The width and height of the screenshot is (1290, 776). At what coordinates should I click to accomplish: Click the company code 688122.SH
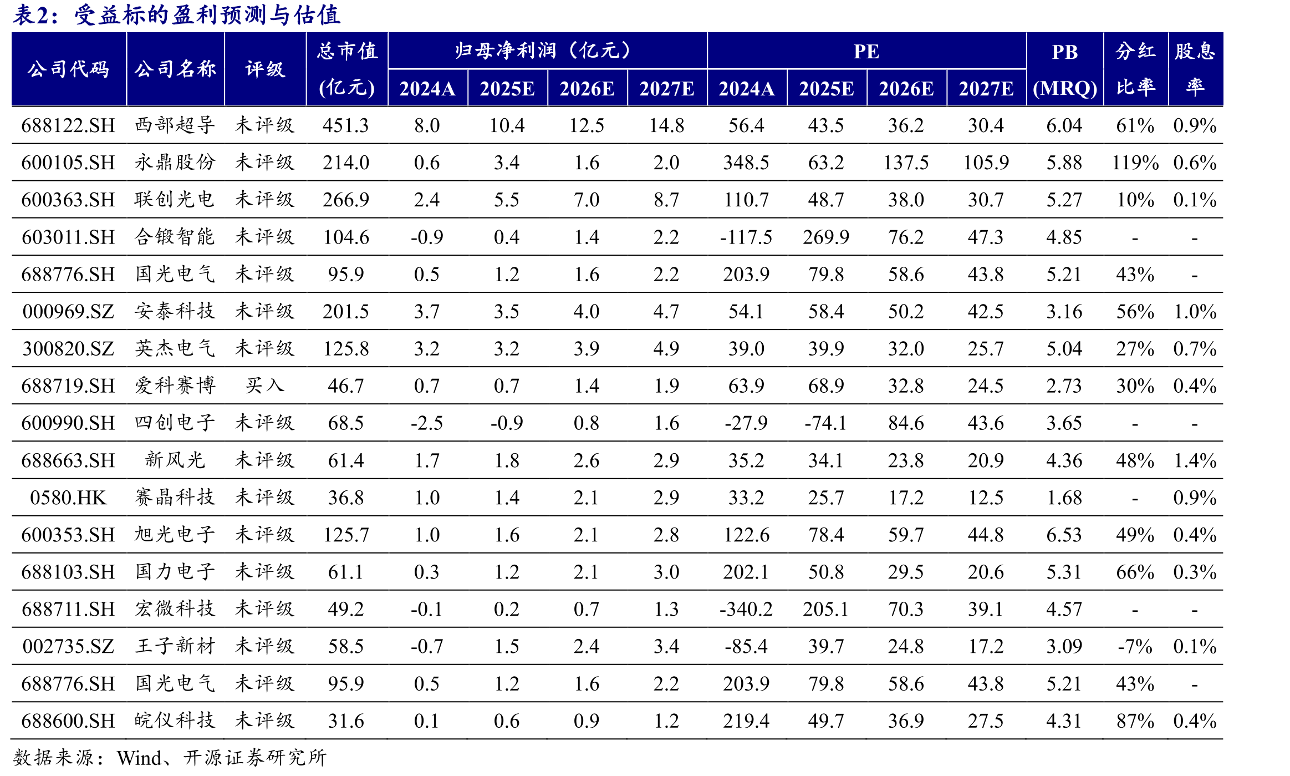click(68, 125)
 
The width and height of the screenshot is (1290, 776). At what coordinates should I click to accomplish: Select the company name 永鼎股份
click(175, 162)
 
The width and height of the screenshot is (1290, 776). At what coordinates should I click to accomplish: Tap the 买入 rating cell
click(265, 386)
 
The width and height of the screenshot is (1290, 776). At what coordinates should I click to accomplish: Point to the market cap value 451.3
click(346, 125)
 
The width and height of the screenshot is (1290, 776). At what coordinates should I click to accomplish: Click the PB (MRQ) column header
click(1065, 69)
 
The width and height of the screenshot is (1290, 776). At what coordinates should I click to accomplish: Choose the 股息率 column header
click(1195, 69)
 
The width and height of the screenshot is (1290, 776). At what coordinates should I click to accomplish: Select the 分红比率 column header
click(1136, 69)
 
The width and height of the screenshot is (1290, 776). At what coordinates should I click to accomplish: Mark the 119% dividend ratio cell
click(1135, 163)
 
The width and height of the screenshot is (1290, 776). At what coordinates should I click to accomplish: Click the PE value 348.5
click(746, 163)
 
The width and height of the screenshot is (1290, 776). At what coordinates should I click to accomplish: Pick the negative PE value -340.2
click(746, 609)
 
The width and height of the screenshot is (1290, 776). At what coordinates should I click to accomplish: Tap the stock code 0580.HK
click(68, 498)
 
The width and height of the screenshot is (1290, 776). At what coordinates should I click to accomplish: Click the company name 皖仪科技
click(175, 720)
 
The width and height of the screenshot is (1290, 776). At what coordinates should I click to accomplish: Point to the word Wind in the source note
click(140, 758)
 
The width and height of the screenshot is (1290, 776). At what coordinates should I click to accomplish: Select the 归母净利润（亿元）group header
click(543, 51)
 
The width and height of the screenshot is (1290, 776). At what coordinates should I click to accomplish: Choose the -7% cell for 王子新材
click(1135, 646)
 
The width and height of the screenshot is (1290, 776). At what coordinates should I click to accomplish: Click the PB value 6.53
click(1064, 535)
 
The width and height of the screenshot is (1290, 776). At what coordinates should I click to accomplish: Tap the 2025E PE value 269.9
click(826, 237)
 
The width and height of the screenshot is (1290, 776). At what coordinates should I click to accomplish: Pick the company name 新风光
click(175, 460)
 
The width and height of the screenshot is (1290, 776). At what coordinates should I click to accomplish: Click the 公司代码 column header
click(68, 69)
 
